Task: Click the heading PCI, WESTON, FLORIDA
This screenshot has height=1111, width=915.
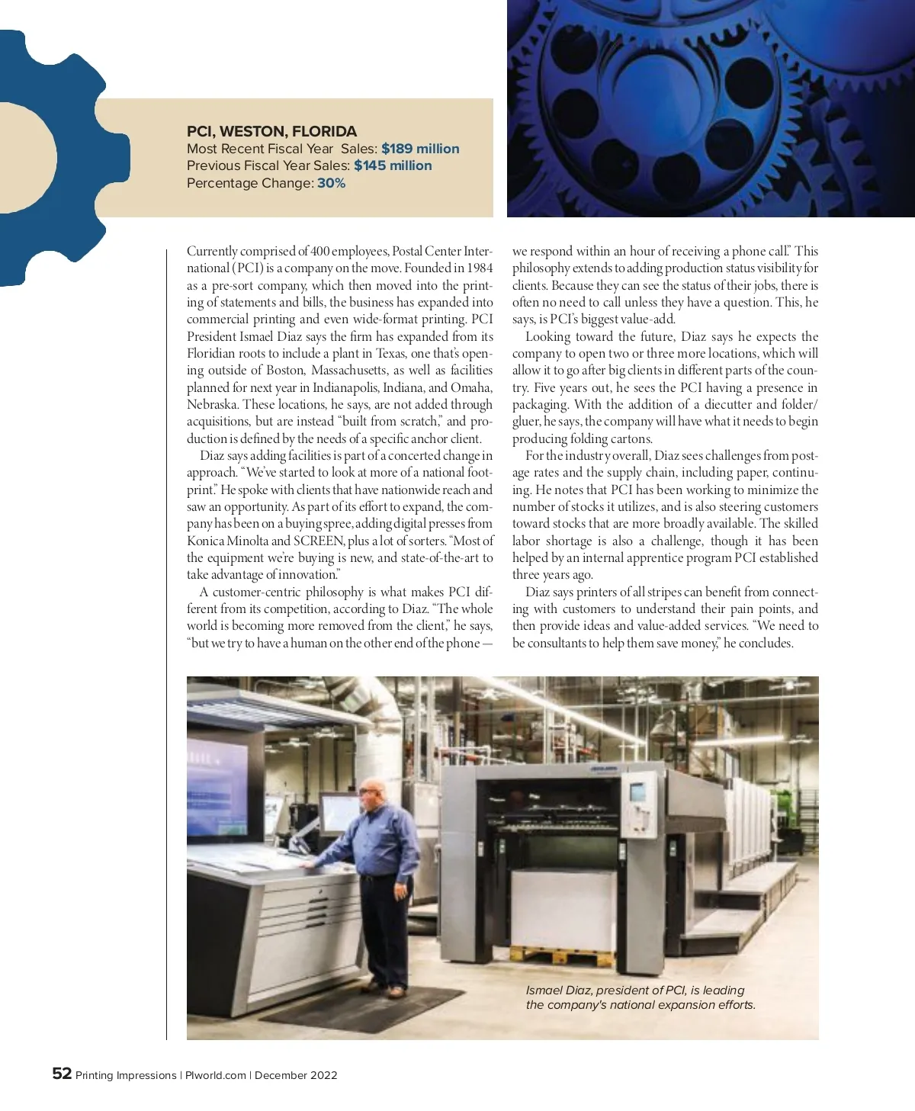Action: (x=271, y=131)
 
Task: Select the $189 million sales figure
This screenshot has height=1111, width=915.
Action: (x=420, y=149)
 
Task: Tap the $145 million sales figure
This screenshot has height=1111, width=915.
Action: (x=393, y=165)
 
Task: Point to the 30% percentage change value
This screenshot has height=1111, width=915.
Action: (x=331, y=183)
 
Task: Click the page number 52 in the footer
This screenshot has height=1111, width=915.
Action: (x=62, y=1074)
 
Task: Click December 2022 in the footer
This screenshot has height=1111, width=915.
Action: (x=296, y=1075)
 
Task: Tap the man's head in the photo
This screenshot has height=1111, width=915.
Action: (x=368, y=794)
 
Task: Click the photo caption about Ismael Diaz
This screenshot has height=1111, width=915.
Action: (x=640, y=997)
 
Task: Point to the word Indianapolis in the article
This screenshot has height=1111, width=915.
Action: (x=352, y=387)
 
